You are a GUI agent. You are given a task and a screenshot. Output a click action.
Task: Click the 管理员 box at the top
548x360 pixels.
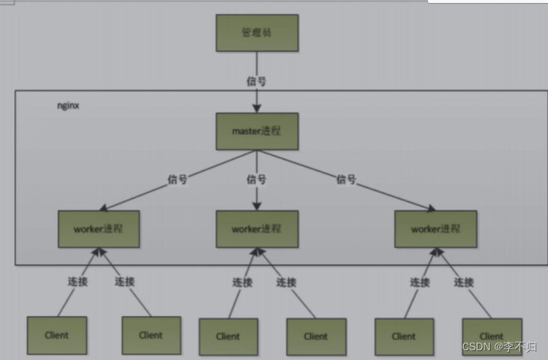coord(257,34)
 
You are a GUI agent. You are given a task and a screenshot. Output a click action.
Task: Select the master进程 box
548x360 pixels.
coord(257,131)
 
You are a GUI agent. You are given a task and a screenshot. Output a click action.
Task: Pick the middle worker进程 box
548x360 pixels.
coord(257,229)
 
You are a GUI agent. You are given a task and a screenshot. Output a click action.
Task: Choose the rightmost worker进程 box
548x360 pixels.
coord(435,229)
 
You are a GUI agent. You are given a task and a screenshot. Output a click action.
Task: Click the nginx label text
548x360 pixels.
coord(68,106)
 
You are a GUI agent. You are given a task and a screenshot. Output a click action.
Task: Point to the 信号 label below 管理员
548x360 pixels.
coord(256,80)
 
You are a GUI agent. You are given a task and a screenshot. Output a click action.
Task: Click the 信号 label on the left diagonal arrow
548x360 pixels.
coord(177,180)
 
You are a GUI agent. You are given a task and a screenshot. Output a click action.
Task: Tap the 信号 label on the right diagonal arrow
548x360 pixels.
coord(346,180)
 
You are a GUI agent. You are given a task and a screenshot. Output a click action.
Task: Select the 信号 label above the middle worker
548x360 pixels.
coord(256,180)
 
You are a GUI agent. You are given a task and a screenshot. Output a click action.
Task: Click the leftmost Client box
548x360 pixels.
coord(57,335)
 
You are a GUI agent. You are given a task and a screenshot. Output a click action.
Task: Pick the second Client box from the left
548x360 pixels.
coord(151,335)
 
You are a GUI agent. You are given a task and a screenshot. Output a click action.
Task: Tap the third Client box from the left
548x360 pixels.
coord(228,337)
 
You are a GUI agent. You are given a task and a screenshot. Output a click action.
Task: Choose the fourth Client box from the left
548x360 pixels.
coord(316,337)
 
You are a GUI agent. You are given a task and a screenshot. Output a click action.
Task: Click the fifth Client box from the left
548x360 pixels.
coord(404,337)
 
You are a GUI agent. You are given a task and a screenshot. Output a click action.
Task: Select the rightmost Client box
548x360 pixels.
coord(491,335)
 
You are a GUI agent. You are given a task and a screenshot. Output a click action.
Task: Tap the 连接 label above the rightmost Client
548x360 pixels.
coord(464,282)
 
